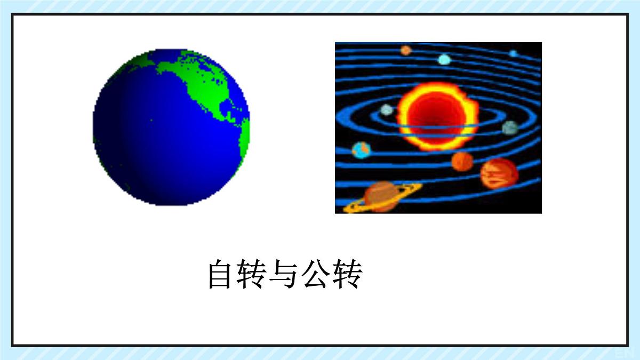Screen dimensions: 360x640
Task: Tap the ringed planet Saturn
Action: tap(380, 196)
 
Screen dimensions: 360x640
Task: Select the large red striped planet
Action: tap(499, 173)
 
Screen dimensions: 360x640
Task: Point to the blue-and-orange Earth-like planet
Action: tap(362, 150)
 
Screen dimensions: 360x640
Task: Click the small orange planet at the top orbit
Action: tap(406, 50)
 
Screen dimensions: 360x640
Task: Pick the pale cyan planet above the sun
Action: tap(444, 59)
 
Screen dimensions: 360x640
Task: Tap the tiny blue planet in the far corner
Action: tap(513, 53)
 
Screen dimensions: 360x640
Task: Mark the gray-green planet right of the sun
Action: tap(510, 127)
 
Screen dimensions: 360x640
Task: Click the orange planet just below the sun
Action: tap(462, 161)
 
